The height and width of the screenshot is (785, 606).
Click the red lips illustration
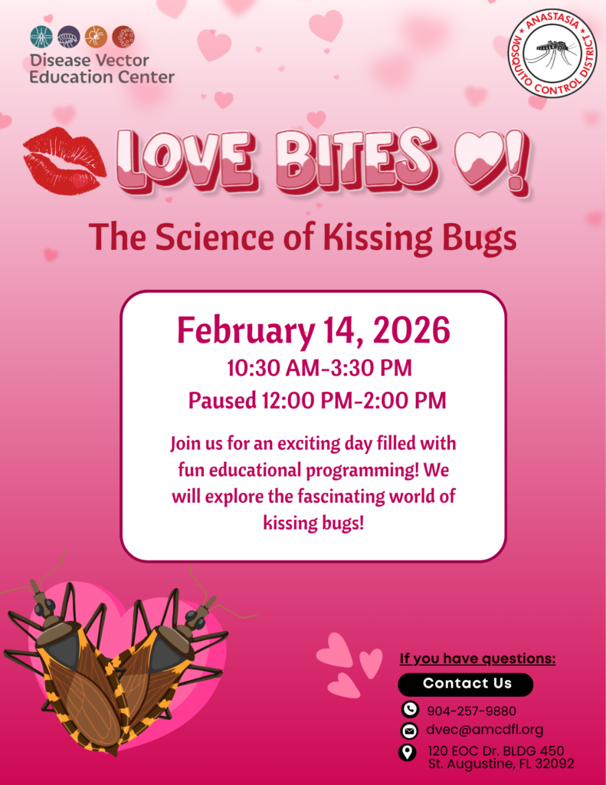(x=64, y=160)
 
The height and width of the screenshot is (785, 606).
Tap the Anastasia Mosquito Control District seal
(x=552, y=54)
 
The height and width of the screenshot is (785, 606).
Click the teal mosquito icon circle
(x=41, y=37)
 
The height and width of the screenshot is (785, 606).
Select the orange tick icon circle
(x=96, y=37)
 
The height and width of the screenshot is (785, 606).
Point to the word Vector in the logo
(x=121, y=61)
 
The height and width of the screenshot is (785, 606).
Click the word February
(x=246, y=331)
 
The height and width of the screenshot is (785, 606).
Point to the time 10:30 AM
(x=273, y=368)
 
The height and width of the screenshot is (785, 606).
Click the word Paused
(x=222, y=400)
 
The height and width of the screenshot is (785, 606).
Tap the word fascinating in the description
(x=342, y=496)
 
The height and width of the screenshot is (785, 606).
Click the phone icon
(x=410, y=709)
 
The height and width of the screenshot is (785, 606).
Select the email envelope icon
(x=409, y=731)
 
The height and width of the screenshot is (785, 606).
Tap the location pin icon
(x=408, y=753)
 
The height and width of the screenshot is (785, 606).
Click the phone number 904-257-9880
(x=471, y=711)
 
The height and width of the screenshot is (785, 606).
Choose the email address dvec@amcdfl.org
(x=484, y=730)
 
